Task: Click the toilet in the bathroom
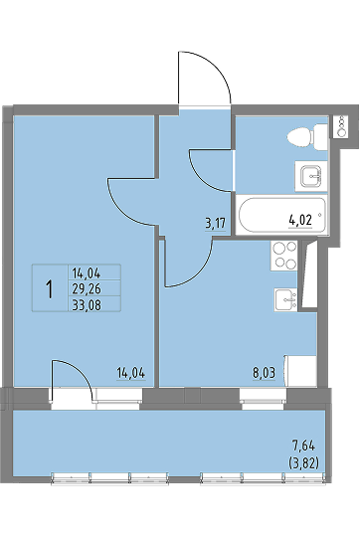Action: [307, 137]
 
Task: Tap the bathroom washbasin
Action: [311, 176]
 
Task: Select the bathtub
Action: [281, 215]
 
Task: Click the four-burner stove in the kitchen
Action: [283, 256]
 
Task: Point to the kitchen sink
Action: [285, 299]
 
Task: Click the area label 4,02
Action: [300, 220]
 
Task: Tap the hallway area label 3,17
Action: [215, 224]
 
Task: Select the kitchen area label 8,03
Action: [264, 372]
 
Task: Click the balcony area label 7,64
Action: [303, 447]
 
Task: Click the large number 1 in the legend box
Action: [50, 288]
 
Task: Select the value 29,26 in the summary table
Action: [87, 289]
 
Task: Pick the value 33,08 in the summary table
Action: [87, 304]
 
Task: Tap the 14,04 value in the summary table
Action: [87, 273]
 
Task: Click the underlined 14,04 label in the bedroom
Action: [131, 373]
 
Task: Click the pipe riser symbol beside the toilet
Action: [341, 126]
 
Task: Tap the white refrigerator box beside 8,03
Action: [300, 371]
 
